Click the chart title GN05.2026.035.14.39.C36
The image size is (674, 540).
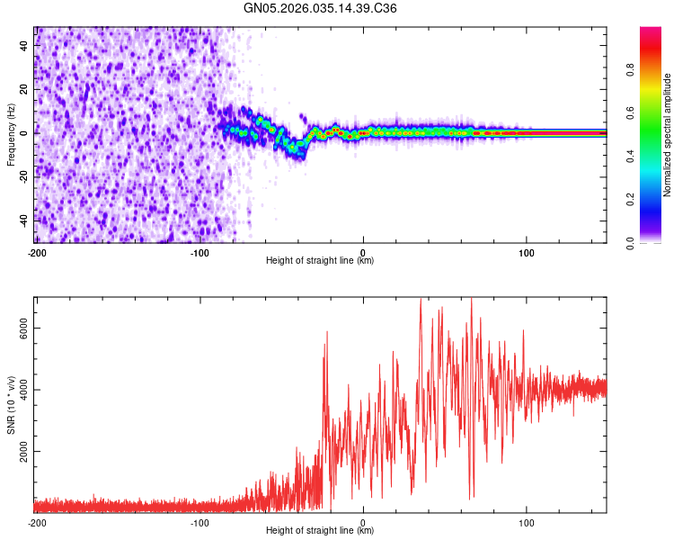point(321,8)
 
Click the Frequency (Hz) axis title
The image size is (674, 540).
point(11,135)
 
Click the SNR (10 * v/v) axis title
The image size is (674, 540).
point(11,405)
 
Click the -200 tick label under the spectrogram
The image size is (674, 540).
point(37,252)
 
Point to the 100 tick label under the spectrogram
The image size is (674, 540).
point(528,252)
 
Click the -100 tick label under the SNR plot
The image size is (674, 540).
point(200,522)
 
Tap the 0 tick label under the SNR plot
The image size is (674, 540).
point(363,522)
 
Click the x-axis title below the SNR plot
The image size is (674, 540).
point(320,531)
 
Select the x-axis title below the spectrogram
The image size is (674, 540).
point(320,261)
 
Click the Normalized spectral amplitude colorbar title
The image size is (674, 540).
point(668,135)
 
